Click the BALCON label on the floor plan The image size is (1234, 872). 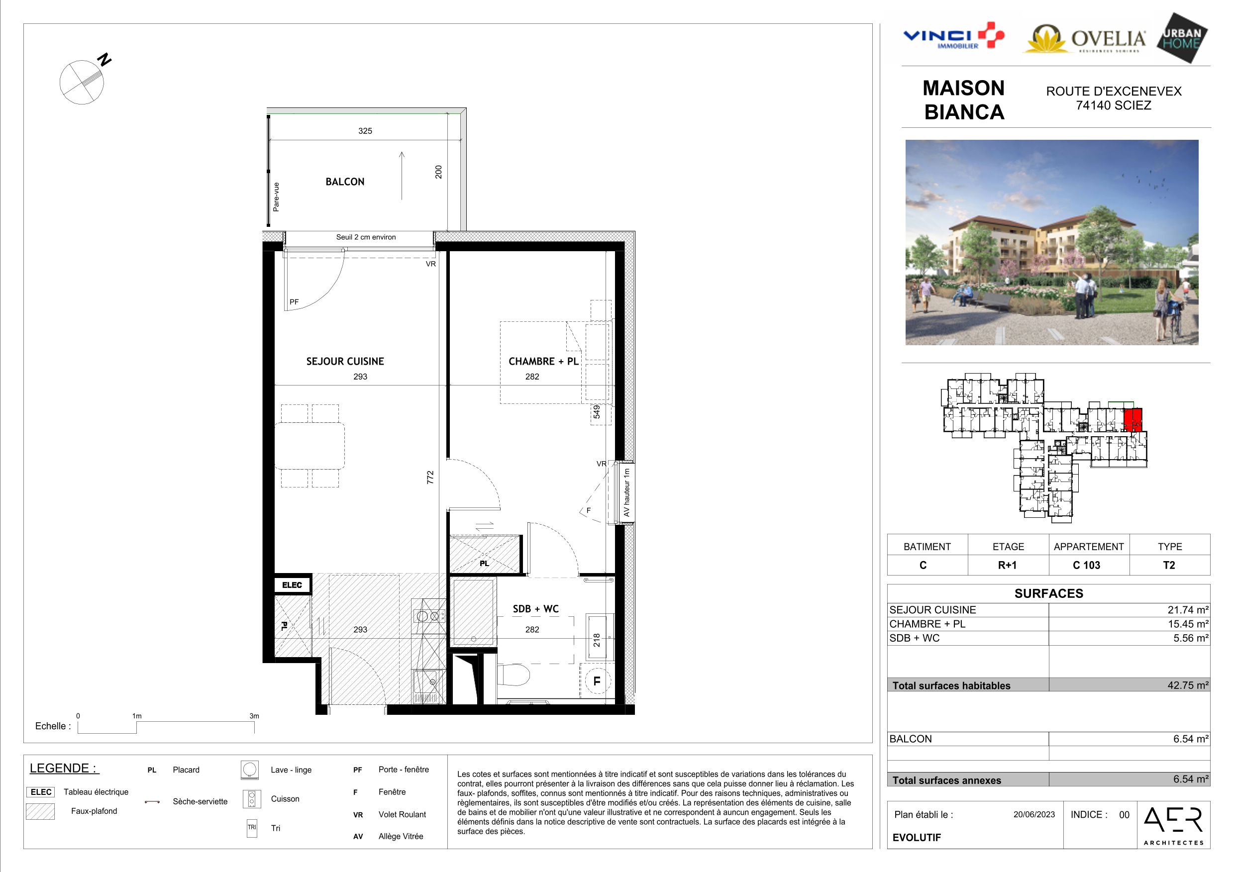345,182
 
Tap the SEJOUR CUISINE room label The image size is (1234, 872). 345,362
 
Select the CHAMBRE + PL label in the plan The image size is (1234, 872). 543,362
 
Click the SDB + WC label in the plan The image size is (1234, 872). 535,609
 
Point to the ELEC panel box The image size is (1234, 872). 292,584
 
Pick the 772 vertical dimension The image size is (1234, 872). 430,477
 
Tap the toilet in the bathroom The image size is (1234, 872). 514,675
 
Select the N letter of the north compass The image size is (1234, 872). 104,59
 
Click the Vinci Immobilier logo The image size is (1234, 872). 953,36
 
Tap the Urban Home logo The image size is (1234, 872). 1182,38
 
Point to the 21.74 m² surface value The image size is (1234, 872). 1188,610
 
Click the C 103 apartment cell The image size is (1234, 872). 1086,565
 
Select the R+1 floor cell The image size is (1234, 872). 1007,565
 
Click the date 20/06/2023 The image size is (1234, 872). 1034,814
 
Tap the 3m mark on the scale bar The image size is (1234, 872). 254,716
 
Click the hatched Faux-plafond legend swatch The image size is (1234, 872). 40,811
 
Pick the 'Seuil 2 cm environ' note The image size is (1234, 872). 366,237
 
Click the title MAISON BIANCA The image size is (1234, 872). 964,100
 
